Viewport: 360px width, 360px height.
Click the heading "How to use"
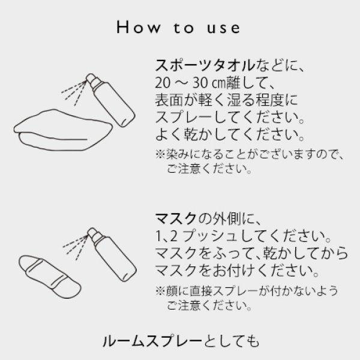click(179, 28)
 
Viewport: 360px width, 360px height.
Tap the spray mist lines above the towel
click(74, 89)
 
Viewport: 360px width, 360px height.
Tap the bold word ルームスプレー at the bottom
click(140, 342)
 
